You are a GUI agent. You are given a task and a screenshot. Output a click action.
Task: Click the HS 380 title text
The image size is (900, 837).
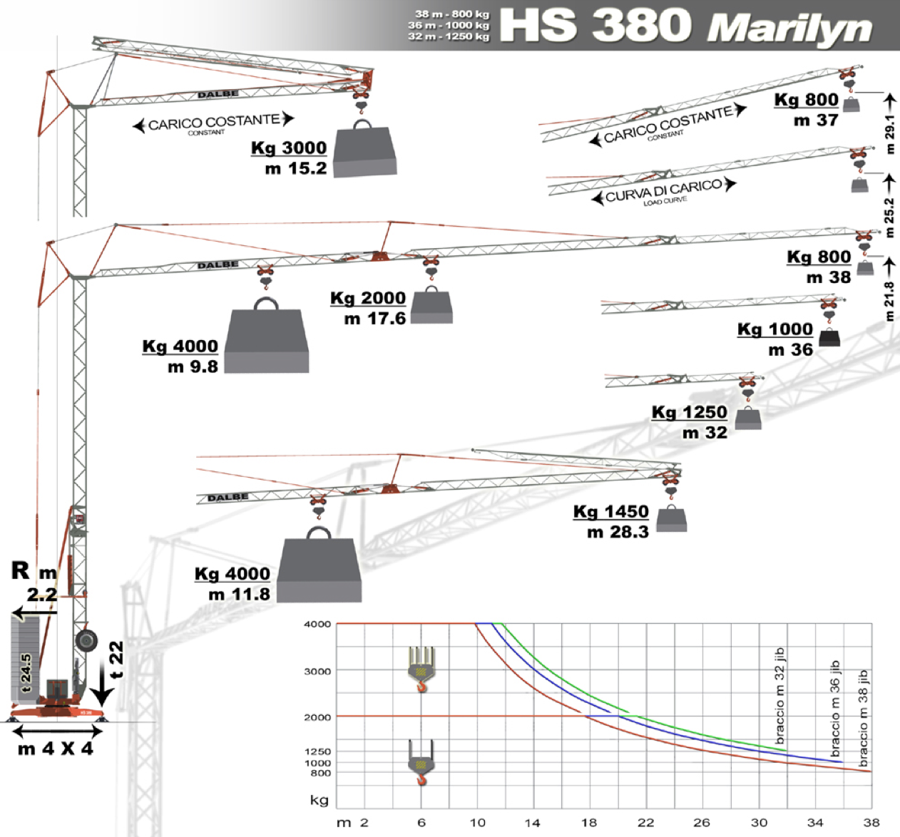pos(595,25)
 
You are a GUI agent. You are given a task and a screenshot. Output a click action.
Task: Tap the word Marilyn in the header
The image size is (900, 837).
pos(789,29)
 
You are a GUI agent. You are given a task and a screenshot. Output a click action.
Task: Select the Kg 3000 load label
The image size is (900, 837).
pos(289,148)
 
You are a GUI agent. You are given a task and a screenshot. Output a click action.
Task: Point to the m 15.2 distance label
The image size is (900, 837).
pos(295,169)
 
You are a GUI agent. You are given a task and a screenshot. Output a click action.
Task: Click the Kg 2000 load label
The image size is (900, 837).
pos(367,298)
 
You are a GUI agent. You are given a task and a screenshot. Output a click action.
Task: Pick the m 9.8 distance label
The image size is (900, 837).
pos(193,366)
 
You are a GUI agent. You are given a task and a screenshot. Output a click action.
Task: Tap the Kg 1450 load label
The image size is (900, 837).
pos(610,512)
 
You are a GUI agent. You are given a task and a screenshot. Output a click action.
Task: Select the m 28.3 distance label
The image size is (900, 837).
pos(618,532)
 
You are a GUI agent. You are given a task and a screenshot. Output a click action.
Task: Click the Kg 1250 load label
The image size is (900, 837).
pos(689,413)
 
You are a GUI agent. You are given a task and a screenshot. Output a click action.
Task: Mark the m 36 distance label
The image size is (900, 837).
pos(790,349)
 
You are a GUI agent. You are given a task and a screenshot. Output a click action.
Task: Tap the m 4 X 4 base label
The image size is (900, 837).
pos(56,749)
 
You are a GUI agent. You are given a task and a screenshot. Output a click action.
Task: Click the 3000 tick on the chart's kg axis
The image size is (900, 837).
pos(317,671)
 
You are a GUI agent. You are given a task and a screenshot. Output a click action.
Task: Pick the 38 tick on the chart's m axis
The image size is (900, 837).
pos(871,822)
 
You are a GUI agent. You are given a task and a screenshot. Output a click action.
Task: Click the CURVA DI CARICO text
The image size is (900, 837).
pos(663,191)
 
